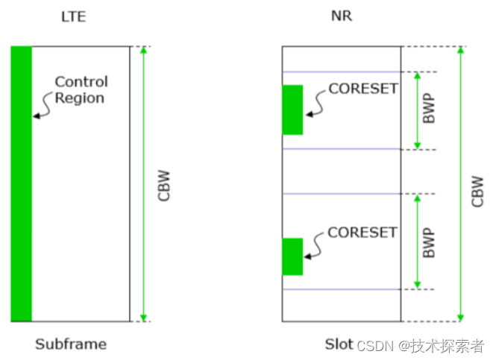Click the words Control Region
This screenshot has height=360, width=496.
[81, 89]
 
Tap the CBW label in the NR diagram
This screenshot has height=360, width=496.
[478, 191]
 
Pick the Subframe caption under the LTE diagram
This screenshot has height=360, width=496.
[71, 344]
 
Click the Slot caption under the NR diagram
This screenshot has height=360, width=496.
[338, 344]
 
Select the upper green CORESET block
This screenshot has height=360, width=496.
[292, 110]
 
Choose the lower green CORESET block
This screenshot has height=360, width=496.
[292, 256]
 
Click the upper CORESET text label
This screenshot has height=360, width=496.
[363, 89]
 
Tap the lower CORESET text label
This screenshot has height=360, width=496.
[362, 233]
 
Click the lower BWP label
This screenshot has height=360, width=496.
[427, 241]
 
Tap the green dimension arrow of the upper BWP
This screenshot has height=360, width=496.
[416, 110]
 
